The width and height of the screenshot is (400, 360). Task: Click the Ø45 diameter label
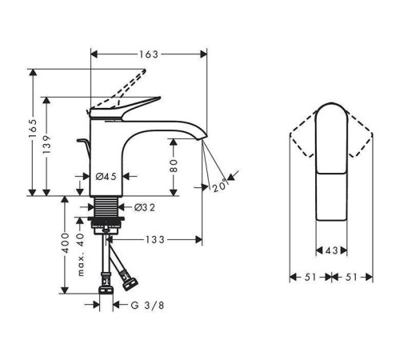pos(107,176)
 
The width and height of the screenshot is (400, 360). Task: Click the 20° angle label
pos(219,186)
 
